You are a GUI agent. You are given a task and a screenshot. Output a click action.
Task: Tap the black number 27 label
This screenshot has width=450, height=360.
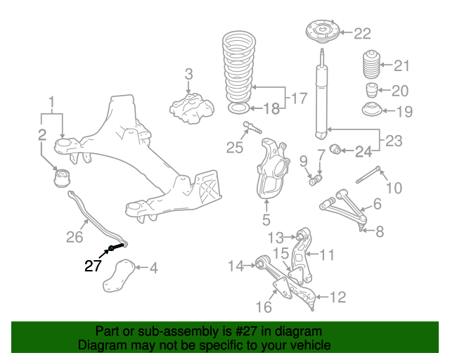click(x=93, y=266)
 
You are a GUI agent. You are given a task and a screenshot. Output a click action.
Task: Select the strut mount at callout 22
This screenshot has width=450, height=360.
click(x=323, y=32)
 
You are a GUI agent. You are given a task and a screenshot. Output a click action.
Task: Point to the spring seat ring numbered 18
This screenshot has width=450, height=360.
click(x=239, y=108)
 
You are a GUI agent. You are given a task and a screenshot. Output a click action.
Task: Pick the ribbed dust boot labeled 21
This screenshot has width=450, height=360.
click(x=372, y=64)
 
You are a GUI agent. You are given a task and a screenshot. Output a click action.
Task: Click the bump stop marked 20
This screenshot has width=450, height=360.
click(x=372, y=90)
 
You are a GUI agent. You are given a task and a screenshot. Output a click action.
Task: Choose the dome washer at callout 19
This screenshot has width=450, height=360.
click(x=372, y=110)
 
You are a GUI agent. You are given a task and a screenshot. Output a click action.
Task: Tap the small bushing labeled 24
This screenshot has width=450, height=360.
click(x=335, y=148)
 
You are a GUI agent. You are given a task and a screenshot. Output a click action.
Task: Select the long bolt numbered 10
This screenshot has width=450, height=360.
click(x=368, y=174)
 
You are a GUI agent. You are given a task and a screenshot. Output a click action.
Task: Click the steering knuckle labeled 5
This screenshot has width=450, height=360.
click(x=272, y=169)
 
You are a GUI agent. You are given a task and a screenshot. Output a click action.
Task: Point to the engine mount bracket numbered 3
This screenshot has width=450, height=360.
click(x=191, y=108)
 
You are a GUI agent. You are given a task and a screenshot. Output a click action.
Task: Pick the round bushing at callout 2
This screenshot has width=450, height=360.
click(x=62, y=178)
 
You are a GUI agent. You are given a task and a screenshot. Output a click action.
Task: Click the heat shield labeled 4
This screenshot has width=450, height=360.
click(x=119, y=276)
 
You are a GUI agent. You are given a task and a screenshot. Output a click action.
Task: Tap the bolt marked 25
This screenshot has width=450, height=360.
click(x=252, y=127)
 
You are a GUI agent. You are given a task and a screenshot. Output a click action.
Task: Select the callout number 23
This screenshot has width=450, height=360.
click(x=394, y=141)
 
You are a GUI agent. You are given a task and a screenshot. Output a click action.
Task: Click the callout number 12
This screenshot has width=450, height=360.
click(x=337, y=297)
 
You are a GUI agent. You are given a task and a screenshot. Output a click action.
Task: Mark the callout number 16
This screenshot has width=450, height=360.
click(x=264, y=307)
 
